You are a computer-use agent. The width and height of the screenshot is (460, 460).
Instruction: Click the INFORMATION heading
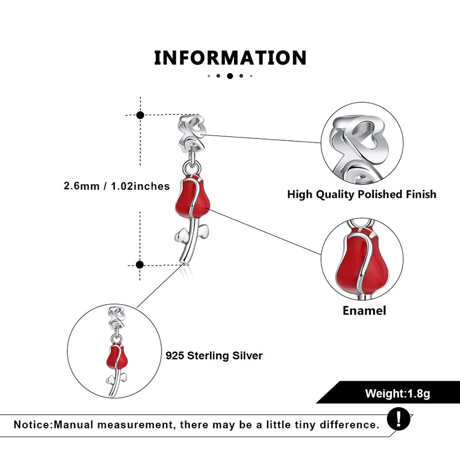pyautogui.click(x=230, y=58)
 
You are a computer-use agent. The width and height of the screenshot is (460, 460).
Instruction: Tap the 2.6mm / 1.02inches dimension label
pyautogui.click(x=117, y=186)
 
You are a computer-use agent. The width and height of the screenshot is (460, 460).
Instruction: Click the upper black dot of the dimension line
pyautogui.click(x=140, y=115)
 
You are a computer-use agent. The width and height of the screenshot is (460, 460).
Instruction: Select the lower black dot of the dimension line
pyautogui.click(x=139, y=264)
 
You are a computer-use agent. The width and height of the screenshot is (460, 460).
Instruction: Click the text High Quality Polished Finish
pyautogui.click(x=362, y=194)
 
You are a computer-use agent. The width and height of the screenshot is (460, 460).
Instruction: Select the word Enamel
pyautogui.click(x=364, y=310)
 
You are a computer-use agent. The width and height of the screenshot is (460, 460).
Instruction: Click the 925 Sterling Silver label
pyautogui.click(x=214, y=356)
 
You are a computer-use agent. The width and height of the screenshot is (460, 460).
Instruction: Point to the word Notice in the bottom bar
pyautogui.click(x=32, y=425)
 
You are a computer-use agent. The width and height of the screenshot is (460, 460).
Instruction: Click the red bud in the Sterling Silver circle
pyautogui.click(x=117, y=357)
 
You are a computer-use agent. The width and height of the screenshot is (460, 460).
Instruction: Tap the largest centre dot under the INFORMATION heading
pyautogui.click(x=230, y=76)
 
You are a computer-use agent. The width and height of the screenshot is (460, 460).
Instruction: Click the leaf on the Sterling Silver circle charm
pyautogui.click(x=110, y=380)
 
